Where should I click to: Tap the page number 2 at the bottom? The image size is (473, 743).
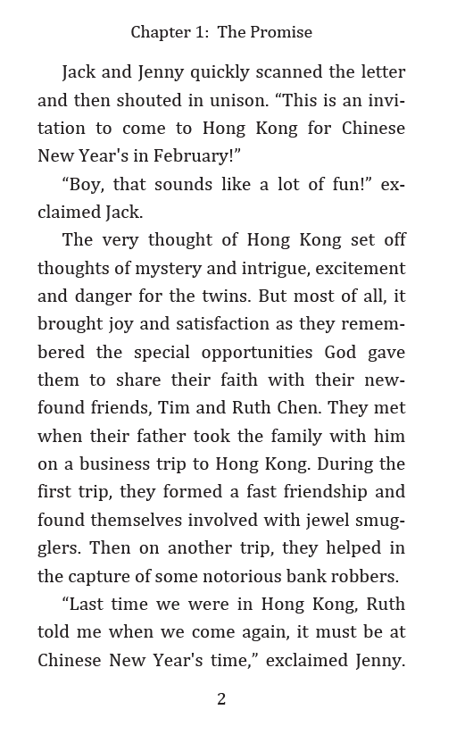(x=221, y=699)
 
